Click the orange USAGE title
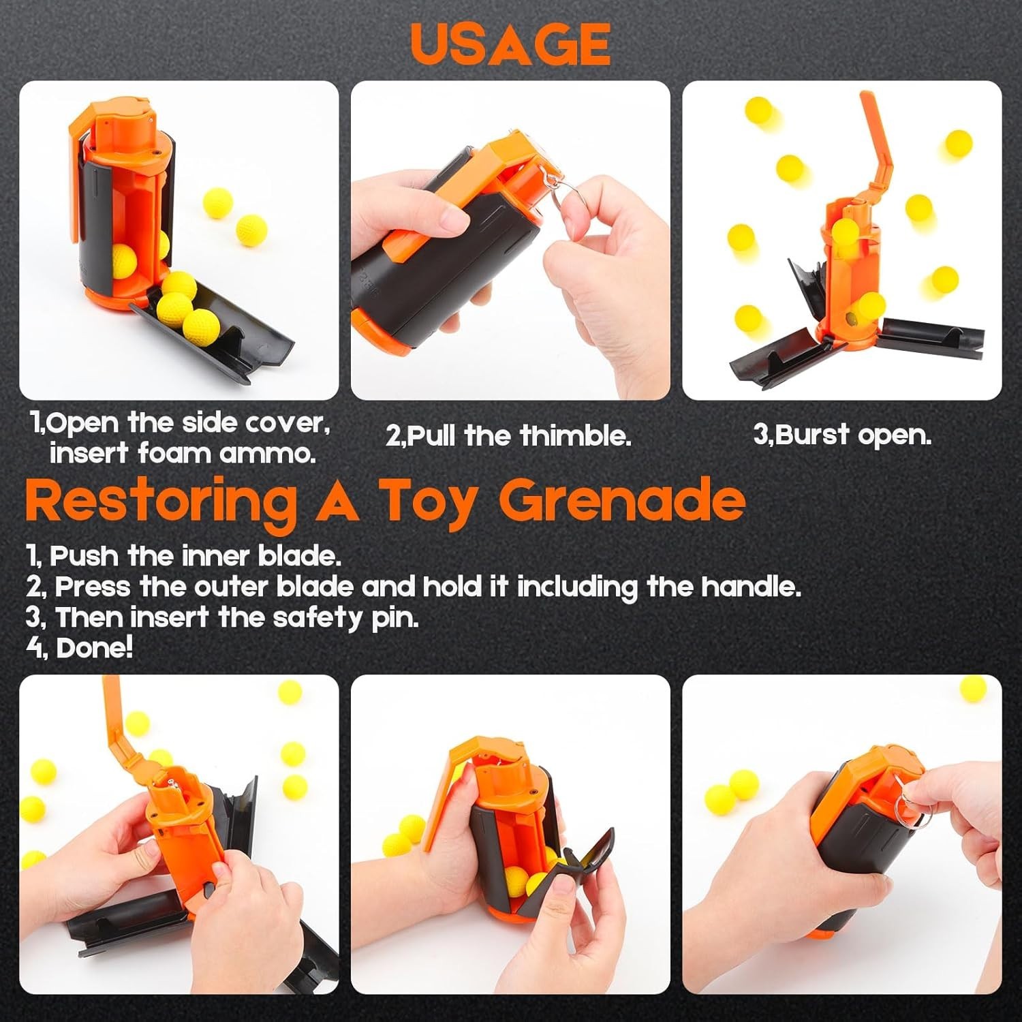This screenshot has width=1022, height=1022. coord(510,44)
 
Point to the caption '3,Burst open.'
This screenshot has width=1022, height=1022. coord(842,435)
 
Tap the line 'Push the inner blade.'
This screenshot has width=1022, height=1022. coord(195,556)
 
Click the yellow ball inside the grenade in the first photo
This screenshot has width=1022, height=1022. coord(123,260)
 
